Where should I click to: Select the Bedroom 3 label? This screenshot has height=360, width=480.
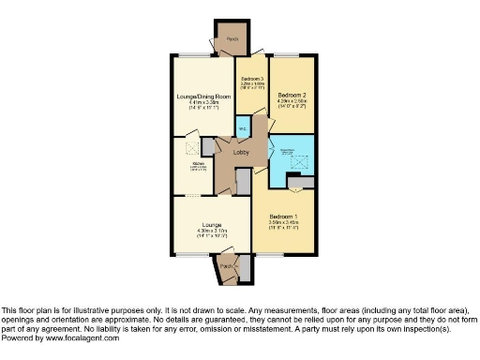[250, 79]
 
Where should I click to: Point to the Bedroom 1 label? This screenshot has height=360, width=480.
[287, 215]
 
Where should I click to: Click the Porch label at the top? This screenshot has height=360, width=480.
[231, 38]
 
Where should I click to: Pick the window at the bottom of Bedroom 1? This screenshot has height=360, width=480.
[272, 254]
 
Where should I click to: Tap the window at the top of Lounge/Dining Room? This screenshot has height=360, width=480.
[196, 52]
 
